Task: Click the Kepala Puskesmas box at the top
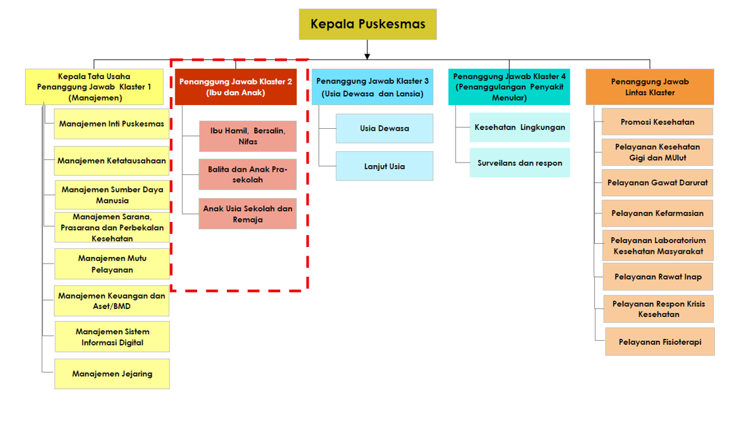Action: click(367, 24)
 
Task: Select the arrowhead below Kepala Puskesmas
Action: click(367, 55)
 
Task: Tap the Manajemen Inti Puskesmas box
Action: click(111, 124)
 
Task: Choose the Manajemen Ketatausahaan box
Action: click(111, 160)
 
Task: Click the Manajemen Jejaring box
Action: click(112, 374)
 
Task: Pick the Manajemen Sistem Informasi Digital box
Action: click(112, 337)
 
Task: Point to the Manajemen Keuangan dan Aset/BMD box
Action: click(111, 301)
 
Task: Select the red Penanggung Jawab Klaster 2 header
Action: click(235, 87)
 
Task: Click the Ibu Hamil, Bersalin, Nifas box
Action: click(247, 136)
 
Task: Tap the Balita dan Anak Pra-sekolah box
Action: click(247, 174)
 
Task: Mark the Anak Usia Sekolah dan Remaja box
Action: click(247, 214)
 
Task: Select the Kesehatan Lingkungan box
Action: click(520, 127)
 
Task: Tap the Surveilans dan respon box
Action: click(520, 162)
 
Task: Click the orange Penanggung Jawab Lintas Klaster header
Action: click(650, 87)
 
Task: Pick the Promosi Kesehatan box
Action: click(657, 122)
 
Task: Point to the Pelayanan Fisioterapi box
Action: click(660, 342)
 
